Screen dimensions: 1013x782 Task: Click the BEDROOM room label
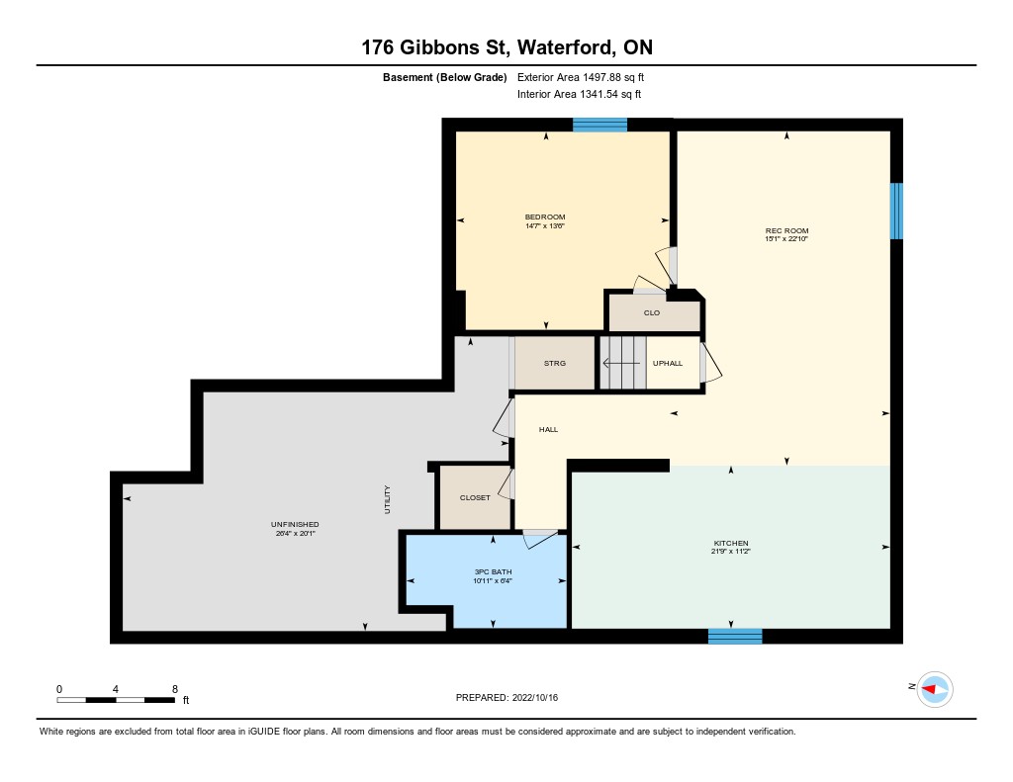click(x=545, y=217)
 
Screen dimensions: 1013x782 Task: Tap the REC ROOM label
click(x=786, y=230)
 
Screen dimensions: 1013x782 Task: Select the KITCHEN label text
click(x=731, y=543)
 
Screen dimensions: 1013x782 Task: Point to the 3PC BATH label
click(x=493, y=572)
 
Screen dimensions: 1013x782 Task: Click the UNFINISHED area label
click(x=295, y=524)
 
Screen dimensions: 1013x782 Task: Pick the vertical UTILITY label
click(x=388, y=499)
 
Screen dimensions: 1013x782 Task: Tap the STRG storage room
click(x=554, y=364)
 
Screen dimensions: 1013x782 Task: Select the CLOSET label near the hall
click(x=475, y=498)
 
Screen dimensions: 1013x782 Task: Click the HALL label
click(x=548, y=429)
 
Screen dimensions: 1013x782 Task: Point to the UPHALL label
click(x=668, y=364)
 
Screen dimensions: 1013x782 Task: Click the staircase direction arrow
click(x=621, y=364)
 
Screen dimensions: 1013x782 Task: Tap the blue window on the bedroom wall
click(x=600, y=125)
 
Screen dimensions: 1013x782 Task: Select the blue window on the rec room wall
click(x=896, y=212)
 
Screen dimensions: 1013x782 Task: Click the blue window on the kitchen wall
click(x=735, y=636)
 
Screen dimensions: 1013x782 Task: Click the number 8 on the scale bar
click(x=174, y=689)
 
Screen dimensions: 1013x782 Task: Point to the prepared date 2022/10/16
click(x=535, y=697)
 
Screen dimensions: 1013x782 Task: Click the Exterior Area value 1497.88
click(x=601, y=77)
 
